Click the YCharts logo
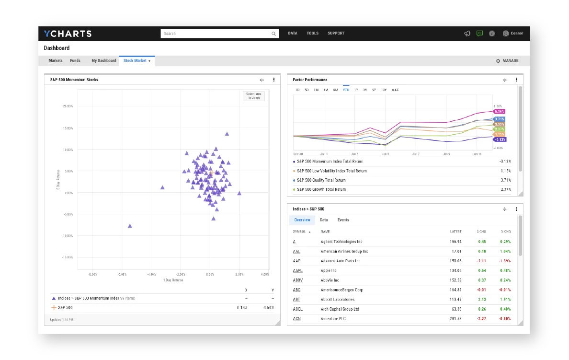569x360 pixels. coord(68,34)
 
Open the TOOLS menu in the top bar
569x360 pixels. coord(312,34)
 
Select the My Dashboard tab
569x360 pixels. coord(103,61)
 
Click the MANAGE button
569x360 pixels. coord(507,61)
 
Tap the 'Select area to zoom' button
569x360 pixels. coord(253,95)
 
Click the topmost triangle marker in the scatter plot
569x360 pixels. coord(227,134)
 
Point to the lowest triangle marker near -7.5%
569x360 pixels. coord(130,226)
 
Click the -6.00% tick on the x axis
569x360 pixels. coord(122,275)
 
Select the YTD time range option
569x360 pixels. coord(346,90)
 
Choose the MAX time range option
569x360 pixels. coord(395,90)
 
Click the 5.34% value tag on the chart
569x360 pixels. coord(500,111)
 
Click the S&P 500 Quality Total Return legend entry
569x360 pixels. coord(328,180)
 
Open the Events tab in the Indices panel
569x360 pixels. coord(343,220)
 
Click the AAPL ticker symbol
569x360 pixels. coord(297,270)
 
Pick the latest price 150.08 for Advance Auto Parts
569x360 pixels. coord(455,261)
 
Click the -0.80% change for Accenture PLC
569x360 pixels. coord(504,319)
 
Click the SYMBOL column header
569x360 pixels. coord(299,232)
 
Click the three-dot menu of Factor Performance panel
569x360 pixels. coord(517,80)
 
